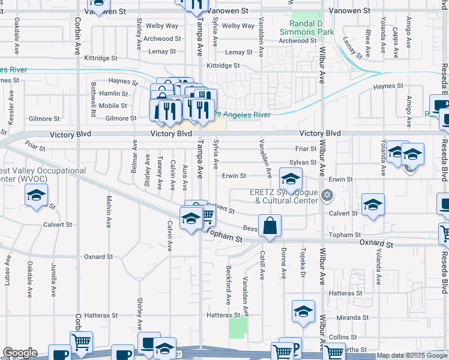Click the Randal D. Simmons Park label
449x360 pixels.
point(307,27)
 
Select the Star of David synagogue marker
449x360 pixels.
point(327,194)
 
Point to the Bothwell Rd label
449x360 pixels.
point(94,99)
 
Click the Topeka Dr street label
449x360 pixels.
point(303,260)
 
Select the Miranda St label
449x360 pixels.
point(352,317)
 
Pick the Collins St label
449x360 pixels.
point(343,337)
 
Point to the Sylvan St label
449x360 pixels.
point(303,163)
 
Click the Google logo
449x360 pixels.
point(20,353)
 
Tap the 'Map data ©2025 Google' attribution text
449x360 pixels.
point(412,356)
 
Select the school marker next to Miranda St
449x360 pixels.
point(304,311)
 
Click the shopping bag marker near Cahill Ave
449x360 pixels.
point(270,226)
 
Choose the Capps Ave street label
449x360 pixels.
point(396,42)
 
